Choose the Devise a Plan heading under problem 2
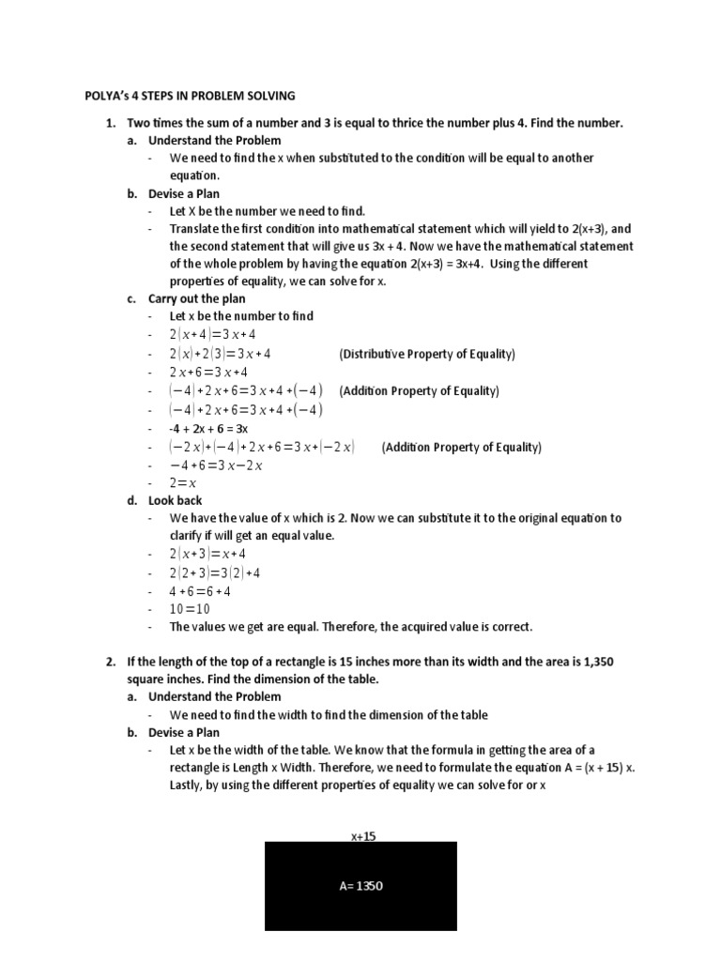(184, 732)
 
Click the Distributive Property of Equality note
(427, 354)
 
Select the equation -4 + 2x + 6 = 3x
(215, 428)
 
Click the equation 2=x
(183, 483)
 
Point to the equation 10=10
(190, 609)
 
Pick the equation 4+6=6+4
(200, 591)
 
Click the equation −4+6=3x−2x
(216, 465)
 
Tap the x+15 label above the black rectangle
(360, 835)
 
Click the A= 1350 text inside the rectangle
(360, 886)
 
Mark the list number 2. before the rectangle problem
(110, 662)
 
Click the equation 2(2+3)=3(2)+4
(215, 572)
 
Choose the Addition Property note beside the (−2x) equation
(461, 448)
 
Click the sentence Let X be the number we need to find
(268, 211)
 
